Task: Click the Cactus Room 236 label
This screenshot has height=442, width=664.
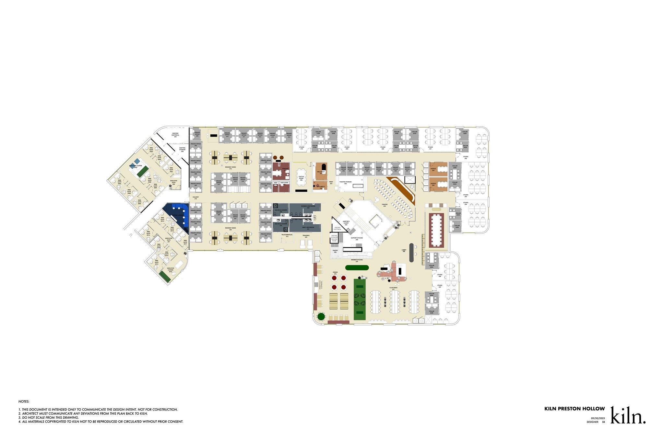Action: pos(301,178)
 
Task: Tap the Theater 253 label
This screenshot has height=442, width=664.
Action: pos(385,205)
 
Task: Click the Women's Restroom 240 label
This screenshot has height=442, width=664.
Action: pos(308,207)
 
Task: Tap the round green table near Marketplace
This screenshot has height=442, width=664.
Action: pos(321,316)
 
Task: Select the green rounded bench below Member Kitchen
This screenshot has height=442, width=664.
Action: pos(357,268)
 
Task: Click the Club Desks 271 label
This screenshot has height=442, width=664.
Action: pos(393,288)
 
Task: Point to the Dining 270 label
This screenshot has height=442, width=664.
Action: pos(335,273)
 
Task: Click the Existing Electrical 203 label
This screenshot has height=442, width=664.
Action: pos(175,135)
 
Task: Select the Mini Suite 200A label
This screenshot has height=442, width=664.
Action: pos(120,183)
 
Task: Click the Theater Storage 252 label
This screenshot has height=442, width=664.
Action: pos(345,183)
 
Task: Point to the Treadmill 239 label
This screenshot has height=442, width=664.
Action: pos(306,236)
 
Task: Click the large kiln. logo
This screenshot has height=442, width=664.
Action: pos(628,415)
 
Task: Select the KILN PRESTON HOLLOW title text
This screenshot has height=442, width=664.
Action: pos(575,409)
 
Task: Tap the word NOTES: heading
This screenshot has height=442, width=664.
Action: pos(24,402)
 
